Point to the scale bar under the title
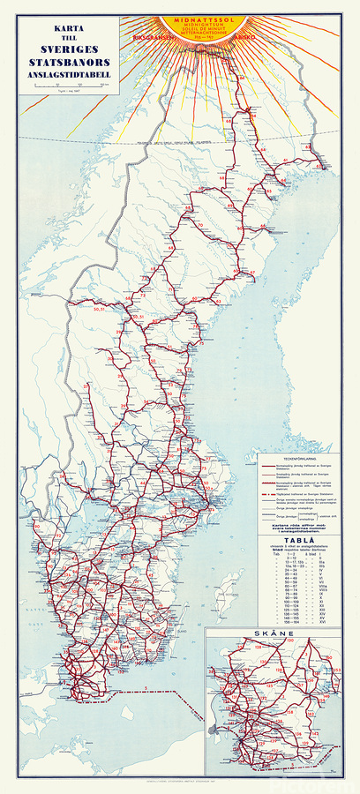56,86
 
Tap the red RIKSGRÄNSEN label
146,38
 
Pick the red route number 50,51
99,308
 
